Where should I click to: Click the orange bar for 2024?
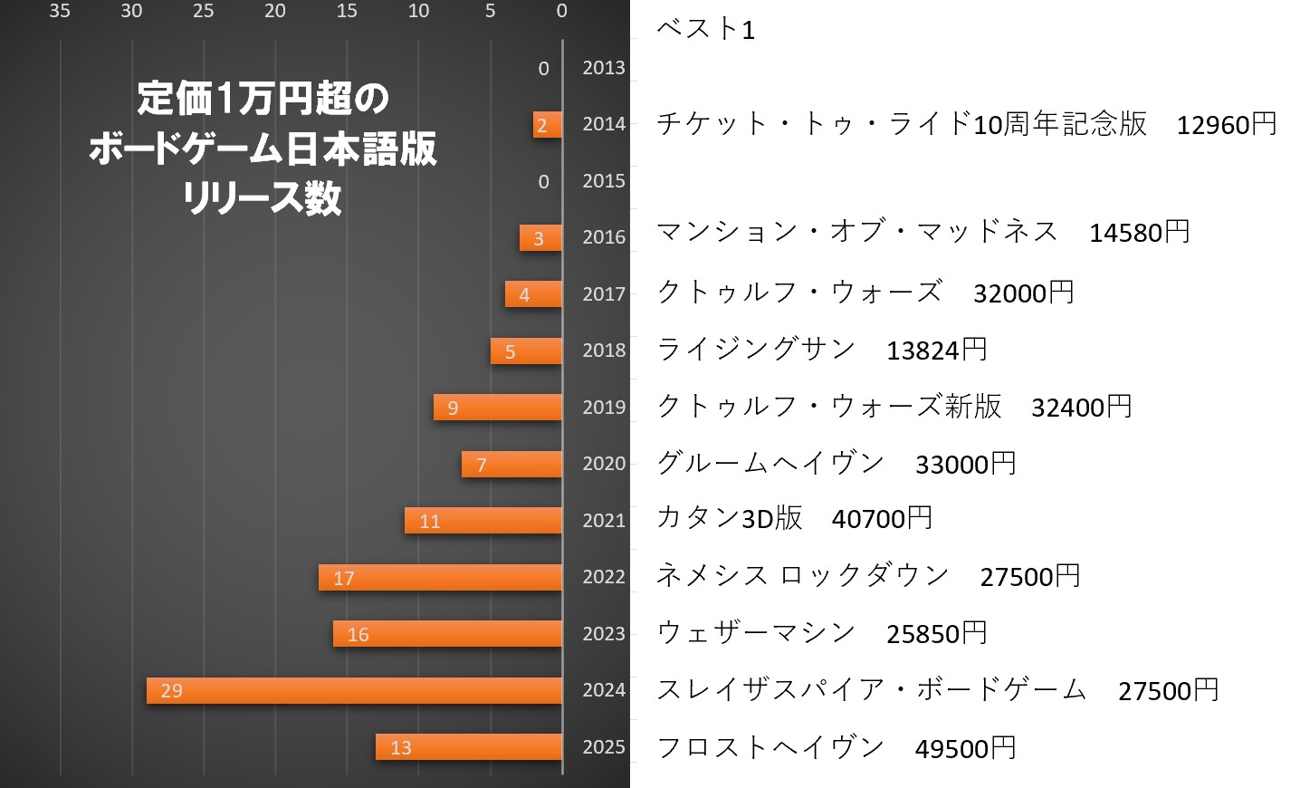[x=354, y=690]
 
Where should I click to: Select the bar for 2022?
[x=440, y=577]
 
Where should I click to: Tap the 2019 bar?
[x=497, y=408]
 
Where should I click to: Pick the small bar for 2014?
[x=547, y=125]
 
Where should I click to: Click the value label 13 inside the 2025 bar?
[x=400, y=747]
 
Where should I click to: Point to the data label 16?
[x=358, y=634]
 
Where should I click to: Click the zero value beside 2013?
[x=543, y=68]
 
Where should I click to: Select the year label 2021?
[x=604, y=520]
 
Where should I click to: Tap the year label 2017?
[x=604, y=293]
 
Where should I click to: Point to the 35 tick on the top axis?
[x=60, y=11]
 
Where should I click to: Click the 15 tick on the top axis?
[x=347, y=11]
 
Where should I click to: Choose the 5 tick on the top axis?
[x=490, y=11]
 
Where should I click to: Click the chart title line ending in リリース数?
[x=262, y=197]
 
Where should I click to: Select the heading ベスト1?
[x=705, y=29]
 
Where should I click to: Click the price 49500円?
[x=965, y=748]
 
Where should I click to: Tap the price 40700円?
[x=882, y=518]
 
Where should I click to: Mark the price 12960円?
[x=1226, y=124]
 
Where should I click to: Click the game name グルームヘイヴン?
[x=769, y=463]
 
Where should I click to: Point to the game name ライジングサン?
[x=756, y=349]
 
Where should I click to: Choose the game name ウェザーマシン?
[x=756, y=632]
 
